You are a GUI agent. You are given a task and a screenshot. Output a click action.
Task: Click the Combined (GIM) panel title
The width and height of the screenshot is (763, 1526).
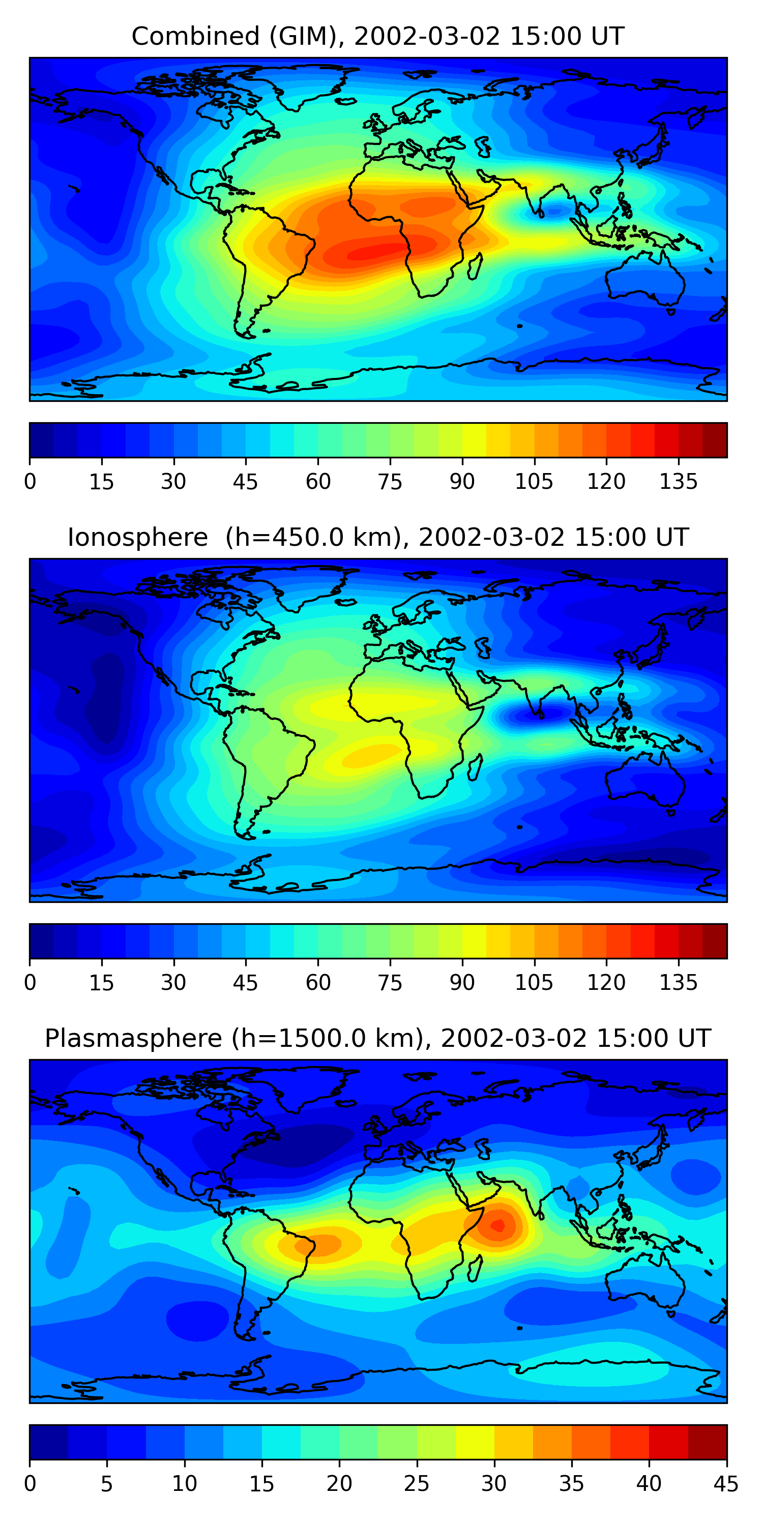(377, 37)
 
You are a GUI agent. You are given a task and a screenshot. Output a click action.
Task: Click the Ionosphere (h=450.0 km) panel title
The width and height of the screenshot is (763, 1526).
(377, 537)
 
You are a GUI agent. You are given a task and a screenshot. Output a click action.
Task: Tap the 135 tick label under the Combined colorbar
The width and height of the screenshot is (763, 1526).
(678, 482)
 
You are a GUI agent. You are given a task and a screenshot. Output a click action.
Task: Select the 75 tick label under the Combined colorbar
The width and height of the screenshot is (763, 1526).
(390, 482)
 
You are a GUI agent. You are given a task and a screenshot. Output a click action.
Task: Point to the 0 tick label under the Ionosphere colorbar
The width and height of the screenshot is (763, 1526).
(30, 983)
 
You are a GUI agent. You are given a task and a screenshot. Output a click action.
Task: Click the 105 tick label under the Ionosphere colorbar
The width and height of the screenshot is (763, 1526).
(534, 983)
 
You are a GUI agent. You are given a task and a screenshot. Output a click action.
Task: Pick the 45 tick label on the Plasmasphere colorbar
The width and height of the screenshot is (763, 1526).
(726, 1484)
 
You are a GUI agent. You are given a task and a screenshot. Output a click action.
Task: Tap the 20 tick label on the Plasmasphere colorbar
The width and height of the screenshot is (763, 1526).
(339, 1484)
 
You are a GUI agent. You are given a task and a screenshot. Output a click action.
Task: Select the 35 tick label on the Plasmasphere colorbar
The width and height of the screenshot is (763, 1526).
(571, 1484)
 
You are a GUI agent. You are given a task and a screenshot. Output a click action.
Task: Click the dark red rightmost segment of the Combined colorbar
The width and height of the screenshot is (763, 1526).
(715, 440)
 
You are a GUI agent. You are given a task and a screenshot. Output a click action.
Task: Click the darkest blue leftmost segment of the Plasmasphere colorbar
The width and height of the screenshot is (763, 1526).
(48, 1442)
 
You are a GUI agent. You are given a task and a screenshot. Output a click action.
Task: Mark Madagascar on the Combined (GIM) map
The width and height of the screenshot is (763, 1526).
(475, 267)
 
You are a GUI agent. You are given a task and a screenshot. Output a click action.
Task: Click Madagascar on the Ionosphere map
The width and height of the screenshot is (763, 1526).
(475, 767)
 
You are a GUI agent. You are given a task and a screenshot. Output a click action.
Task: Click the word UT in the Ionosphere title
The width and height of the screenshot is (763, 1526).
(673, 537)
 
